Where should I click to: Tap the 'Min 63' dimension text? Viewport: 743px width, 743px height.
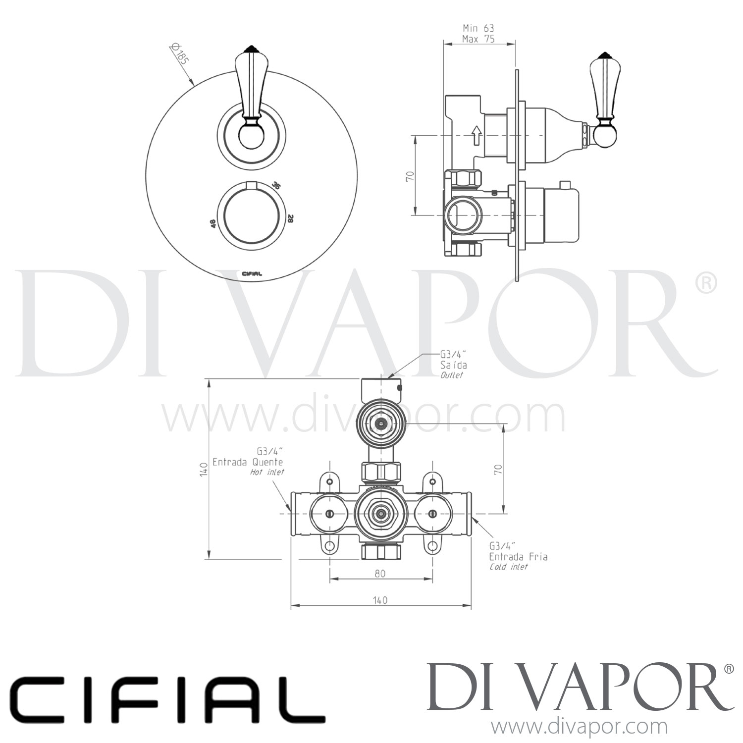click(x=478, y=29)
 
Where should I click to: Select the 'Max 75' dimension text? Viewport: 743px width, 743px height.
click(x=478, y=40)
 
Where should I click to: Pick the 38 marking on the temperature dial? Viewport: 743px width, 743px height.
click(x=276, y=186)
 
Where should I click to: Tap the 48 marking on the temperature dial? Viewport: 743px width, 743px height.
click(x=213, y=223)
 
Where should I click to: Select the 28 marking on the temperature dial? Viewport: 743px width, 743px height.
click(x=290, y=218)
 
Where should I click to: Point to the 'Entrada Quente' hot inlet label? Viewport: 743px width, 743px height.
click(x=248, y=462)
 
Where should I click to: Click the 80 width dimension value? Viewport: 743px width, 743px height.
click(x=380, y=574)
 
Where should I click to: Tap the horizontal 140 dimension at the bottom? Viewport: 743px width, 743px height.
click(x=379, y=600)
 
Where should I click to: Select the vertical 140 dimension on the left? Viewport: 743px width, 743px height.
click(x=203, y=468)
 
